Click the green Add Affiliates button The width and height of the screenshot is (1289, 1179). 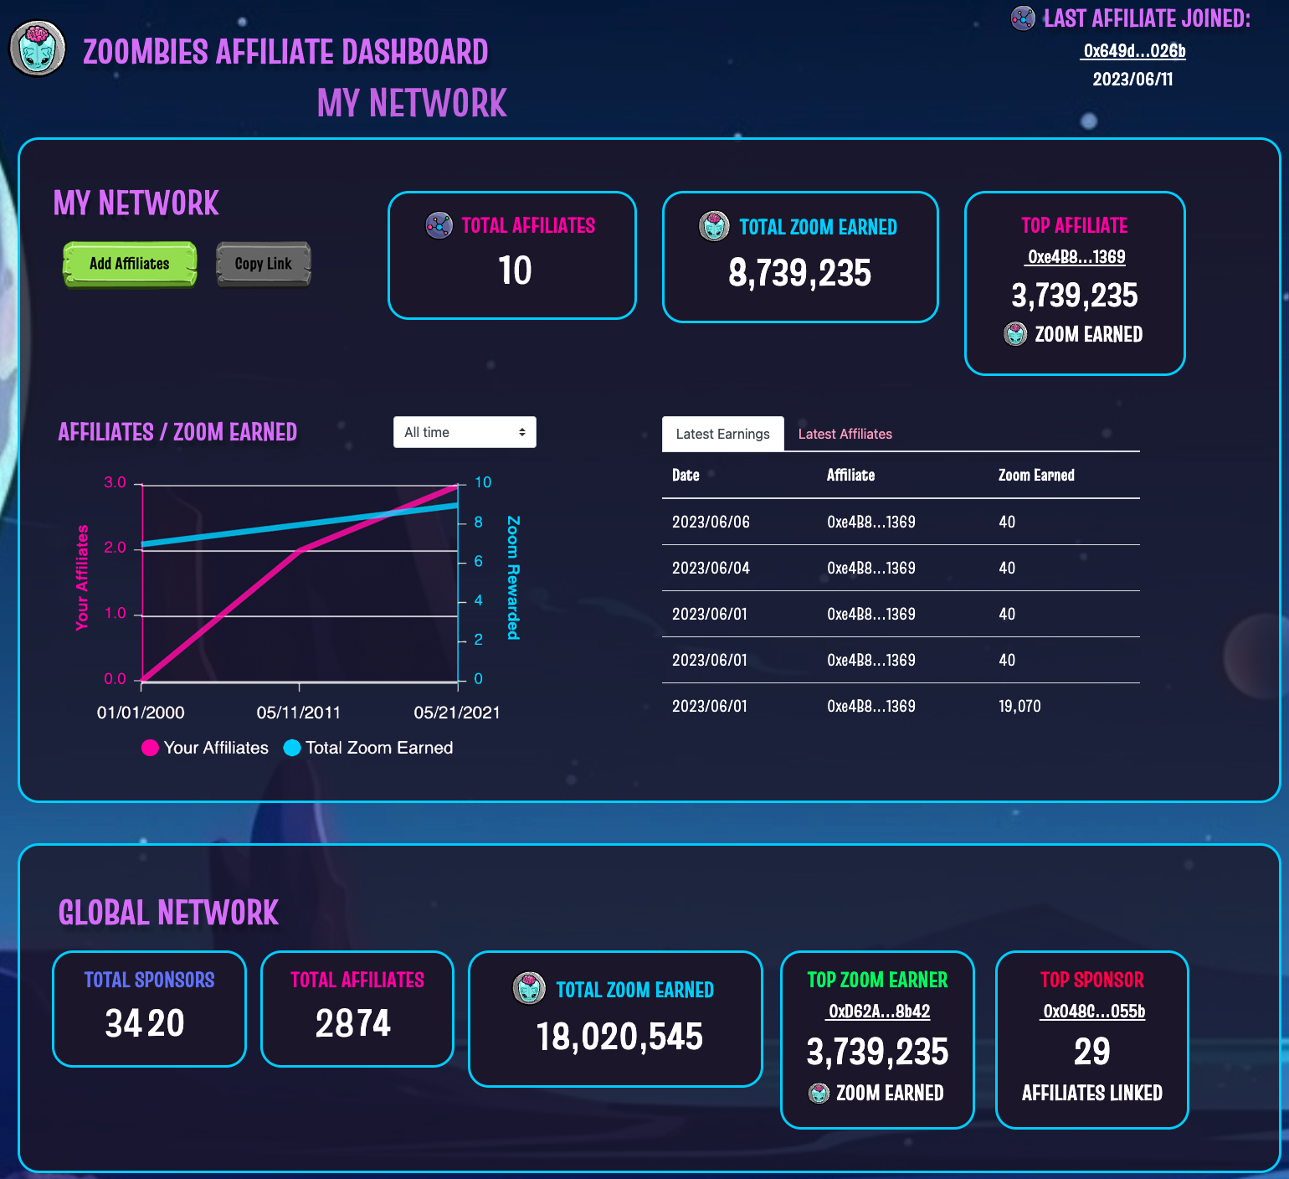pos(130,264)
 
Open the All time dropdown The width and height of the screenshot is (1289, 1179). pos(465,432)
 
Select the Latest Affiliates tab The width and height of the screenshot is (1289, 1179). pos(845,434)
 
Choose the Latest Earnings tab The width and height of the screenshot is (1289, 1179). pos(722,434)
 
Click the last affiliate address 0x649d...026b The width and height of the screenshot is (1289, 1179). pos(1134,51)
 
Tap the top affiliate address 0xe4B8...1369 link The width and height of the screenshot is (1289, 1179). pos(1076,257)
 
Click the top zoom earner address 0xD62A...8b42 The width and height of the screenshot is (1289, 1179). pos(878,1011)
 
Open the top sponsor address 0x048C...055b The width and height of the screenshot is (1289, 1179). pos(1093,1011)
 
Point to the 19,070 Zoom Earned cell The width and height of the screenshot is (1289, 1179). pos(1019,706)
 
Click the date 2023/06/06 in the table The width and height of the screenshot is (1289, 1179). pos(711,522)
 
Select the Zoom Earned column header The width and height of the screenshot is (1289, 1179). pos(1036,475)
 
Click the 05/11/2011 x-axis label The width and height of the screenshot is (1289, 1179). pos(299,713)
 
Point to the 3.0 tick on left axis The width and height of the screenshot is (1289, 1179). pos(115,482)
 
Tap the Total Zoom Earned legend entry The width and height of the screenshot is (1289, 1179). pos(369,748)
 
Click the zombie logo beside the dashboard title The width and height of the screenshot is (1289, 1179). pos(38,49)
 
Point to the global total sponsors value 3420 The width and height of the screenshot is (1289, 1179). pos(145,1023)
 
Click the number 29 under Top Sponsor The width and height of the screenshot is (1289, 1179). pos(1091,1052)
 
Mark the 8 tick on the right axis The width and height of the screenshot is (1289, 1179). pos(478,522)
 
